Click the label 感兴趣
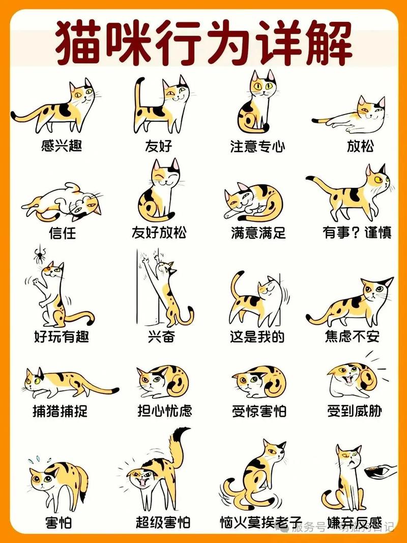(x=62, y=147)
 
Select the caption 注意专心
(x=257, y=147)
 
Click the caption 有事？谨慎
(x=357, y=234)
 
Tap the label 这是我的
(x=257, y=336)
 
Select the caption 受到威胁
(x=355, y=411)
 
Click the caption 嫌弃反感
(x=355, y=523)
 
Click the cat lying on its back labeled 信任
(x=64, y=203)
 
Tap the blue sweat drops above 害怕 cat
(x=34, y=460)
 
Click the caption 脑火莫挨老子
(x=260, y=523)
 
